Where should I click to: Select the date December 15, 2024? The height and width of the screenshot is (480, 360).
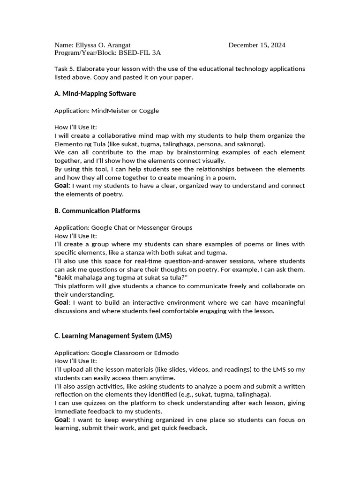tap(257, 45)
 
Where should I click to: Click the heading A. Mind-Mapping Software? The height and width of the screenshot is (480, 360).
tap(95, 94)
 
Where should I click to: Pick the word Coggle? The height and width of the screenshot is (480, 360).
tap(148, 111)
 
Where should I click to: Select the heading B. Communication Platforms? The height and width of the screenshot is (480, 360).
tap(97, 211)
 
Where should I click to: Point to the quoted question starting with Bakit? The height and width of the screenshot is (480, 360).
tap(118, 278)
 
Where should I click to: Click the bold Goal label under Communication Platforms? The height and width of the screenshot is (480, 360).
tap(61, 302)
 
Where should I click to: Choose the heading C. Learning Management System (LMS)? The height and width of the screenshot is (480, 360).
tap(113, 336)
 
